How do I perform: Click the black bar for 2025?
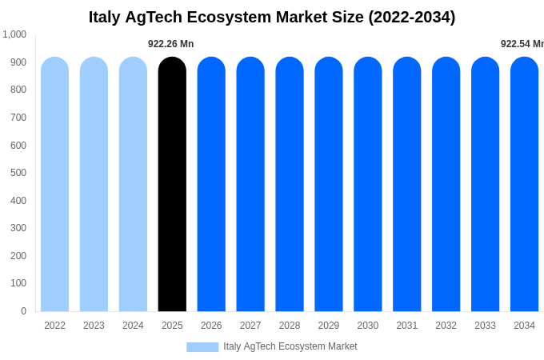coord(172,184)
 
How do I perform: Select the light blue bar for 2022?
coord(54,184)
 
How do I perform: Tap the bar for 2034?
coord(524,184)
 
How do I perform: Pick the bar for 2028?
coord(290,184)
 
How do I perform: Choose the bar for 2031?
coord(406,184)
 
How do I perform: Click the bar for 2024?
coord(133,184)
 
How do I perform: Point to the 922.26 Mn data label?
coord(170,44)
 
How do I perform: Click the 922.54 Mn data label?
coord(522,44)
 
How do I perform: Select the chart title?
coord(272,17)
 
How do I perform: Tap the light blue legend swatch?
coord(202,347)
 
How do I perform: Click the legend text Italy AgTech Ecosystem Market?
coord(290,346)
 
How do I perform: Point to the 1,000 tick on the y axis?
coord(14,34)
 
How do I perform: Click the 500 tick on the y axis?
coord(18,173)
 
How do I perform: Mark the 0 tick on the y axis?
coord(23,311)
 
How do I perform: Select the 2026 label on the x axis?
coord(211,326)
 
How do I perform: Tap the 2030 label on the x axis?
coord(368,326)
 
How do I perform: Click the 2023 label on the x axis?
coord(94,326)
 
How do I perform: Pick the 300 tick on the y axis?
coord(18,228)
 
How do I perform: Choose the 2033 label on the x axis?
coord(485,326)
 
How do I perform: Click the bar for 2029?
coord(329,184)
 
